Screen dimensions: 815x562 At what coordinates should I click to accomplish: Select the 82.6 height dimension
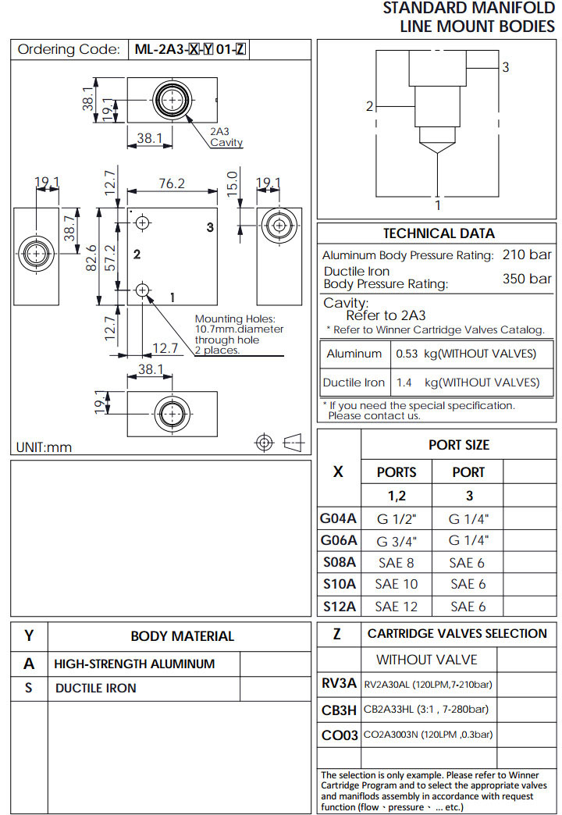(91, 257)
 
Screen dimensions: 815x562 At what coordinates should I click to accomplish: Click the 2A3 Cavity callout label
(226, 137)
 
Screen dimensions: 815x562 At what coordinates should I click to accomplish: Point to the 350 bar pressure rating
(527, 279)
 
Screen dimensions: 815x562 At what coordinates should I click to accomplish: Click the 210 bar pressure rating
(527, 254)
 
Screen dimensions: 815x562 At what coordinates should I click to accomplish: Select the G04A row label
(338, 518)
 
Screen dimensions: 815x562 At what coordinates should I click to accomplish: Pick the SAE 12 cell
(397, 607)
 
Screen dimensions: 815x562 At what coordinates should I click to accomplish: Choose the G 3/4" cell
(397, 540)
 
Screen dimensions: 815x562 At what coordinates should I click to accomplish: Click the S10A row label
(339, 584)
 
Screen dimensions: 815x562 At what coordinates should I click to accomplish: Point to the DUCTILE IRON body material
(95, 689)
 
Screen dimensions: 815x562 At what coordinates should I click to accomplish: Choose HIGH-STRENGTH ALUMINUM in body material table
(134, 664)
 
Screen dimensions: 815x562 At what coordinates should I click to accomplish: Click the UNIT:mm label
(44, 447)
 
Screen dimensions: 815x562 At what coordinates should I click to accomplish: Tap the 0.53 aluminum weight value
(407, 354)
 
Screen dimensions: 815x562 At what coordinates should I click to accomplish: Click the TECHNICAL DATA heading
(439, 233)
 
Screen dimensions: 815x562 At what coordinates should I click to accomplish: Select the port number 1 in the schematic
(438, 205)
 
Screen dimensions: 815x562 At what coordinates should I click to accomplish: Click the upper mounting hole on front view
(142, 223)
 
